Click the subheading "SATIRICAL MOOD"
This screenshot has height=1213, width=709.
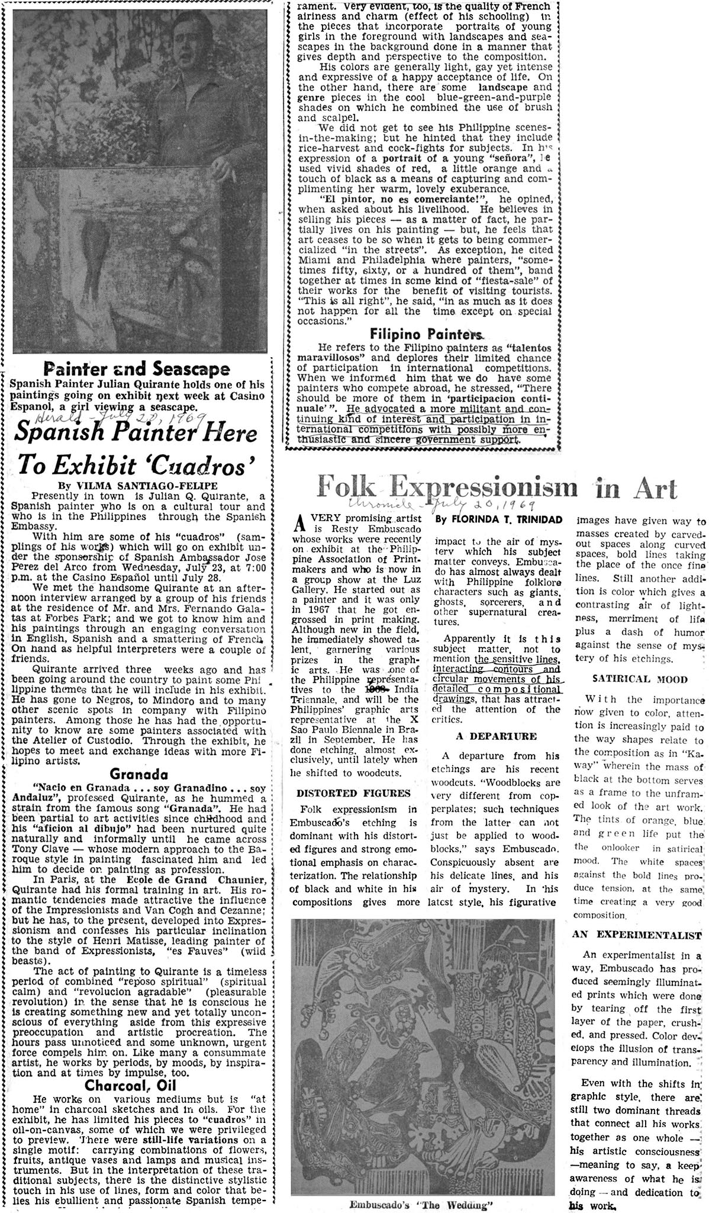coord(636,679)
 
